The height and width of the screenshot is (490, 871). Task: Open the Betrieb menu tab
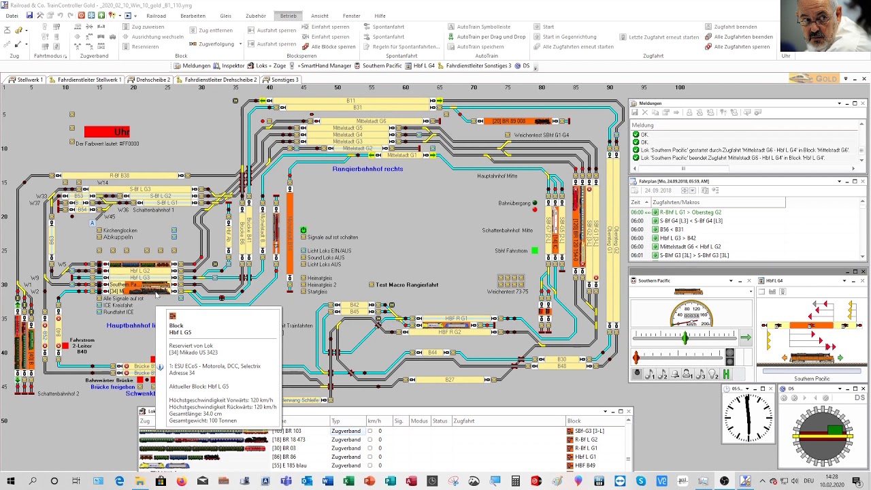(288, 16)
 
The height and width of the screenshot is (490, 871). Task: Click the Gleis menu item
(225, 16)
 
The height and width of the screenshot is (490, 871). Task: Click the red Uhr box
(107, 131)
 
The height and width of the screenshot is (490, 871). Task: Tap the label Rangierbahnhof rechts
(367, 169)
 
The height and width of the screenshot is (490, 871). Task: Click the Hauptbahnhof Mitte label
(497, 176)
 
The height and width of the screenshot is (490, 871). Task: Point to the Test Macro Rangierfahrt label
(407, 284)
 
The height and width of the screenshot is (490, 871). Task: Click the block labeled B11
(350, 101)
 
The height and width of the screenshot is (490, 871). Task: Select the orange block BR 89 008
(520, 121)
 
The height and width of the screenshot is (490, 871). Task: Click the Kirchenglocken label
(120, 231)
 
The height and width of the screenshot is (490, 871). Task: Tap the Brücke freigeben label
(112, 387)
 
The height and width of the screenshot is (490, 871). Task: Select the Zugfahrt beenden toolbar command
(735, 27)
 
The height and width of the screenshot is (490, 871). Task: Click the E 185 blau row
(293, 465)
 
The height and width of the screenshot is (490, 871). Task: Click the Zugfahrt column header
(464, 421)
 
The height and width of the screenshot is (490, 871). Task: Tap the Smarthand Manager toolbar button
(324, 66)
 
